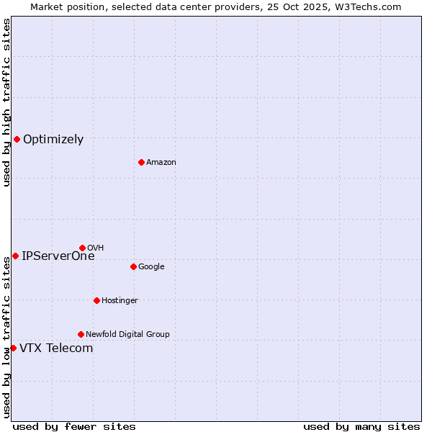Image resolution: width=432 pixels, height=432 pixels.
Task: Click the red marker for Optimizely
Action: [x=17, y=139]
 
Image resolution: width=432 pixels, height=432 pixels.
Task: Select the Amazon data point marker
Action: [x=141, y=162]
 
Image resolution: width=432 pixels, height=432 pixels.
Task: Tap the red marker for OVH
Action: [x=82, y=248]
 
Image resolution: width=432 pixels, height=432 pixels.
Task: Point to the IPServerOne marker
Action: [x=15, y=256]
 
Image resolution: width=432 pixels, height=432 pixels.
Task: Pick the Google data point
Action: [x=133, y=266]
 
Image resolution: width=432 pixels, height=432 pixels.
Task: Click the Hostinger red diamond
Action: [x=96, y=300]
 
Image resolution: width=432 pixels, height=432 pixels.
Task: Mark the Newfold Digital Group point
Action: [x=81, y=334]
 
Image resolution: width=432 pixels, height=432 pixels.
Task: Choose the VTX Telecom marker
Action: [x=13, y=348]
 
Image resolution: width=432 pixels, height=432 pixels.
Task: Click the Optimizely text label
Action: [x=53, y=140]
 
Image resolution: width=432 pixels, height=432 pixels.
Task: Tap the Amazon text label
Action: [x=161, y=162]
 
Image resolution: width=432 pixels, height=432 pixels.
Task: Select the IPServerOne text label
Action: [x=58, y=256]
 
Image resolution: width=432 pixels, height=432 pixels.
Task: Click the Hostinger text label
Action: [x=120, y=300]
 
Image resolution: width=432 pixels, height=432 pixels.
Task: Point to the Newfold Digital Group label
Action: [x=127, y=334]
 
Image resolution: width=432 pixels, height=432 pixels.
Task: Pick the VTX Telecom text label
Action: [x=56, y=348]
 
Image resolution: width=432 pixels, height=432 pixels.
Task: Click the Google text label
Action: [x=151, y=266]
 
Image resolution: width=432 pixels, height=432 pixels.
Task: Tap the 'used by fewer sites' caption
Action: [x=74, y=426]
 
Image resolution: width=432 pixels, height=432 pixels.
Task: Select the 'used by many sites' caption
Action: [x=361, y=426]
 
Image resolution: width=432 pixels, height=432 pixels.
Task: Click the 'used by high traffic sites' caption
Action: [x=6, y=102]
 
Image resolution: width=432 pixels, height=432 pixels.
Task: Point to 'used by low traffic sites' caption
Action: [x=6, y=337]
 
